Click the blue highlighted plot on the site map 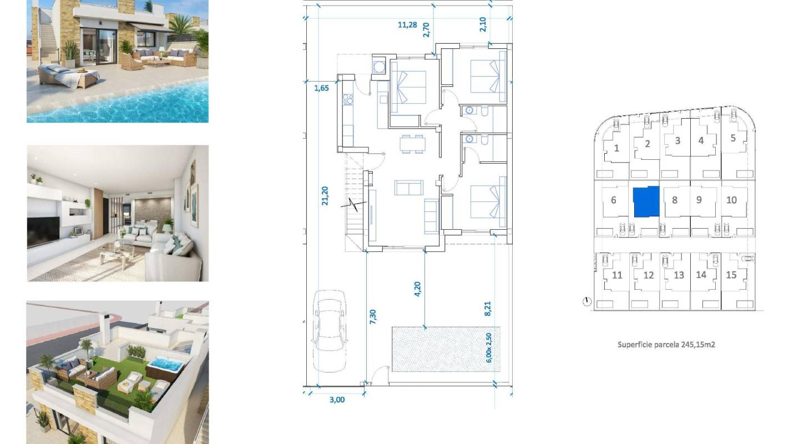click(x=646, y=201)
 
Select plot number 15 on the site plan click(x=731, y=275)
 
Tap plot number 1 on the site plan click(x=616, y=148)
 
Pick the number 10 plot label click(x=731, y=200)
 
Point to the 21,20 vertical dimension click(x=325, y=196)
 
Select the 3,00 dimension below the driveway click(x=337, y=399)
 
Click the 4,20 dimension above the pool click(x=417, y=289)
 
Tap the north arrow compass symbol click(x=587, y=302)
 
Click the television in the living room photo click(x=43, y=231)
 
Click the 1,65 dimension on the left click(x=322, y=88)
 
